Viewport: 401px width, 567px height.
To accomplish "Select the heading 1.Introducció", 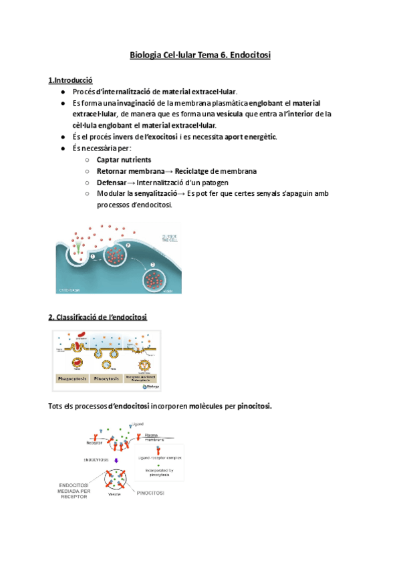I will coord(70,80).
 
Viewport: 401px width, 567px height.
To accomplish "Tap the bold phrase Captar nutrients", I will coord(124,160).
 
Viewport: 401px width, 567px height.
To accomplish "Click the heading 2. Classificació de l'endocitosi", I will coord(98,316).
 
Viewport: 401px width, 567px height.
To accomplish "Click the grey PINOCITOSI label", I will coord(150,493).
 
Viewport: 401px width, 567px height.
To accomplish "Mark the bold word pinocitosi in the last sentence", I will coord(249,406).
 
